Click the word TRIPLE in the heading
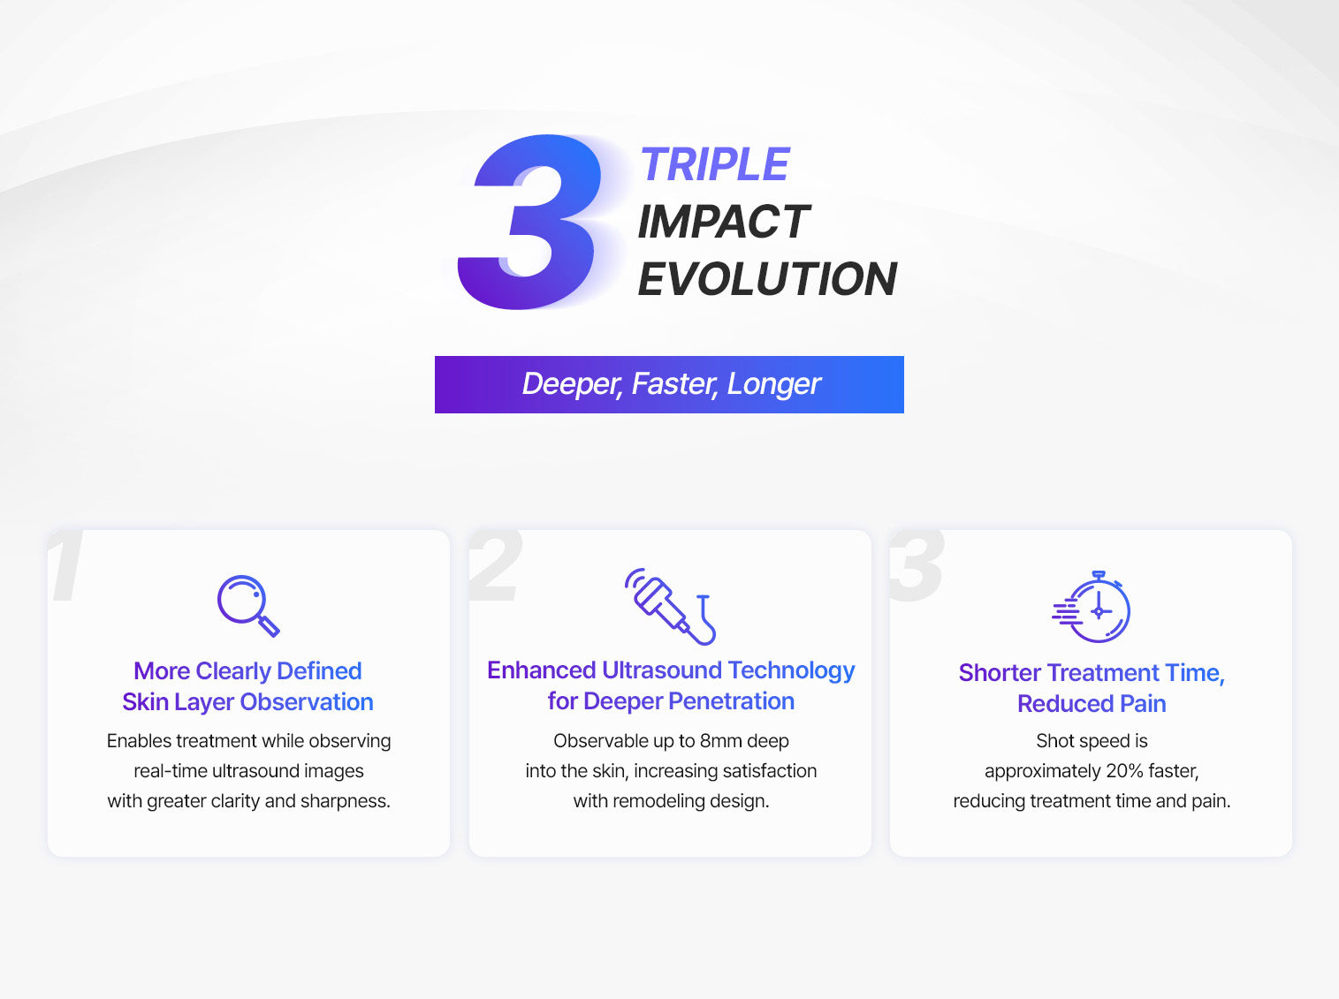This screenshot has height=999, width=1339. pos(714,165)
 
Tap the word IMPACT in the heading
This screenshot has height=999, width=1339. pos(723,222)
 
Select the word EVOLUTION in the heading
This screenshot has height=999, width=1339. pos(767,279)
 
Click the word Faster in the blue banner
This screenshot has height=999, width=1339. pos(674,384)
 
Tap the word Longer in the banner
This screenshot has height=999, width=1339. pos(774,384)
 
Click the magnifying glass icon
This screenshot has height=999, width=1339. pos(247,605)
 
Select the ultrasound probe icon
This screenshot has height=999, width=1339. pos(669,605)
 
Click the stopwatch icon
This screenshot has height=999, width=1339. pos(1093,608)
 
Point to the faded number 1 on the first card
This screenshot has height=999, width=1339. pos(67,566)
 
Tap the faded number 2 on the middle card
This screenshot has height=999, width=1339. pos(495,566)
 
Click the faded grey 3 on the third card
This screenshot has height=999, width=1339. pos(917,566)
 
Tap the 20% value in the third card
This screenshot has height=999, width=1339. pos(1124,771)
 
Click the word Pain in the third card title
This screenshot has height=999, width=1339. pos(1143,704)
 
